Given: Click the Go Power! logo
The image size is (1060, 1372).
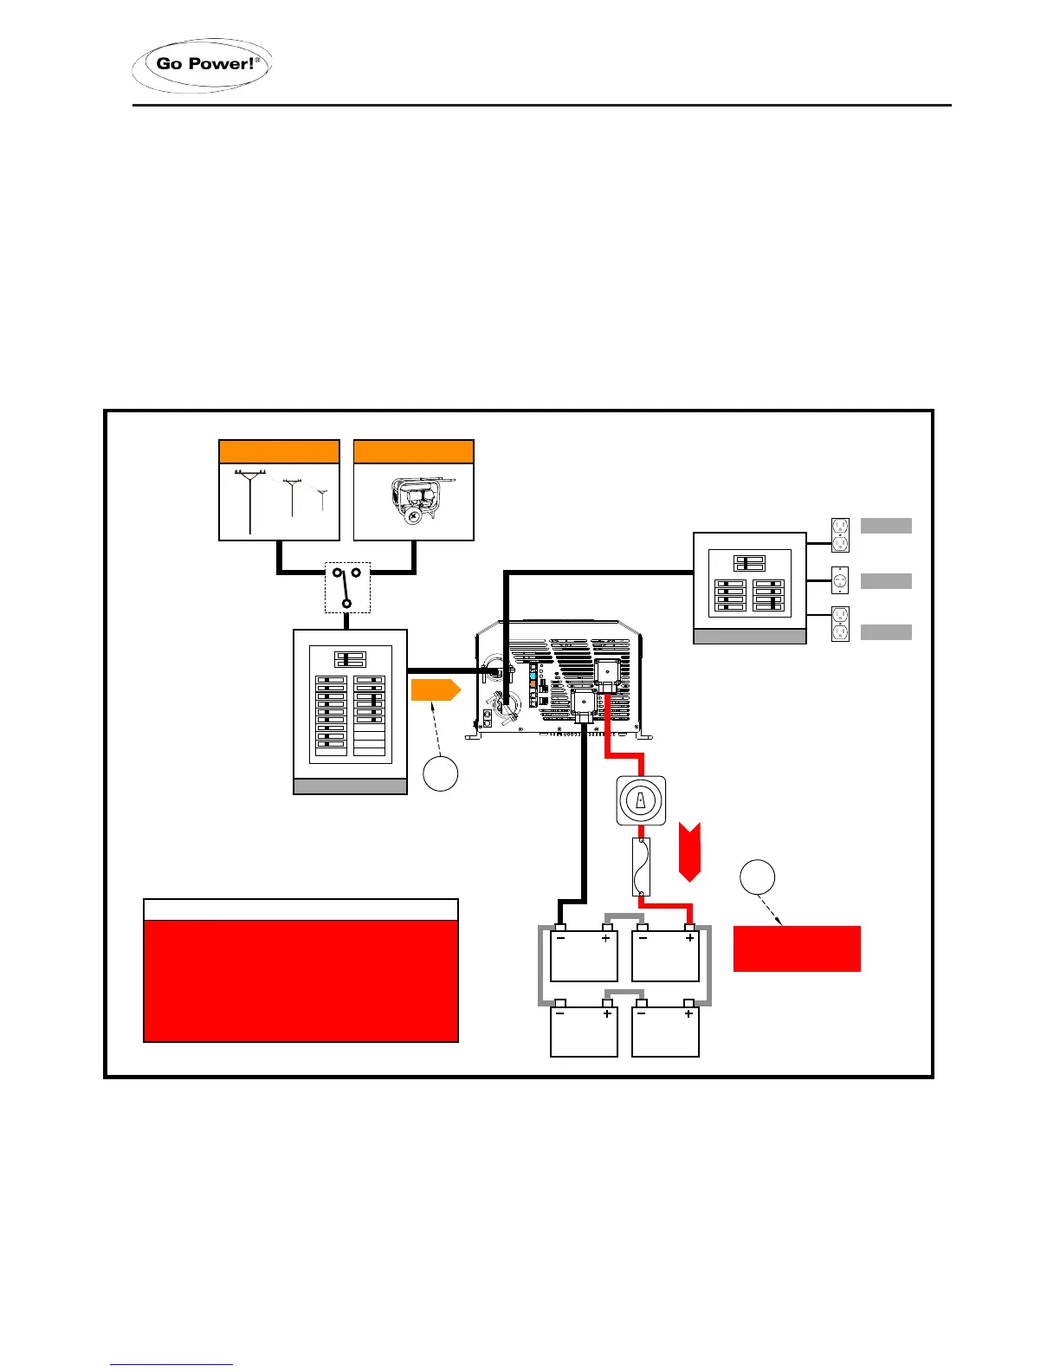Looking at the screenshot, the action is (202, 65).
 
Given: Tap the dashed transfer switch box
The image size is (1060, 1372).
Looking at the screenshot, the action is (347, 587).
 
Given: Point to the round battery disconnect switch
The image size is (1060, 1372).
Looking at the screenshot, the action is (641, 800).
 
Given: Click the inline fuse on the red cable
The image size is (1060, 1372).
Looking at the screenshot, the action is (641, 866).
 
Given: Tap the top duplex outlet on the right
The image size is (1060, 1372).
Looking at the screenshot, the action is (840, 534).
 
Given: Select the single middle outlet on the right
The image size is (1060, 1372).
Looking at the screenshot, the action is (840, 580).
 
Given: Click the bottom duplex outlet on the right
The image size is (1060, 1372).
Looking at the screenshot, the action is (840, 625).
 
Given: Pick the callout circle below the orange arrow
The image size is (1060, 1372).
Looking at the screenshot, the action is (440, 773).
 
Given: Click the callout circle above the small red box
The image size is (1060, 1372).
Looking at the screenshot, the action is (757, 877).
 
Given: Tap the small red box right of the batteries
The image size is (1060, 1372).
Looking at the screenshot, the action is (797, 948).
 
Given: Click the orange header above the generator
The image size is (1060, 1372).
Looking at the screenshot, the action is (414, 452).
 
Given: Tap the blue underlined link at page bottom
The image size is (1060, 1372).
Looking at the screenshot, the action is (171, 1364).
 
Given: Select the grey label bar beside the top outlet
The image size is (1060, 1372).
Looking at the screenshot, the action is (886, 525).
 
